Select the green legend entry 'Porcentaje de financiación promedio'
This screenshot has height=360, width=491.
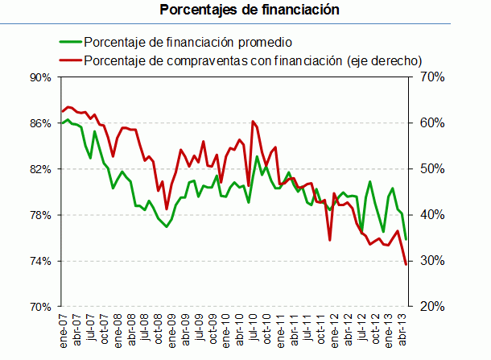188,42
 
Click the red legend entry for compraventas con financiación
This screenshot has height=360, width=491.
253,60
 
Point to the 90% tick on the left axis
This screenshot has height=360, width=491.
39,77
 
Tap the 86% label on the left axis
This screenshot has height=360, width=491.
39,123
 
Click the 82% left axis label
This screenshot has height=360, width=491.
39,169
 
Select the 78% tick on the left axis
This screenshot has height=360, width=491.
39,215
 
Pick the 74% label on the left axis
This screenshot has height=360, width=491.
39,261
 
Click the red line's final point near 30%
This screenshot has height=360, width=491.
406,264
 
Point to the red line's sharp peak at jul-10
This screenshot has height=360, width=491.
253,122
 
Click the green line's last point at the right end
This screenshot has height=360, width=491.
406,239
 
